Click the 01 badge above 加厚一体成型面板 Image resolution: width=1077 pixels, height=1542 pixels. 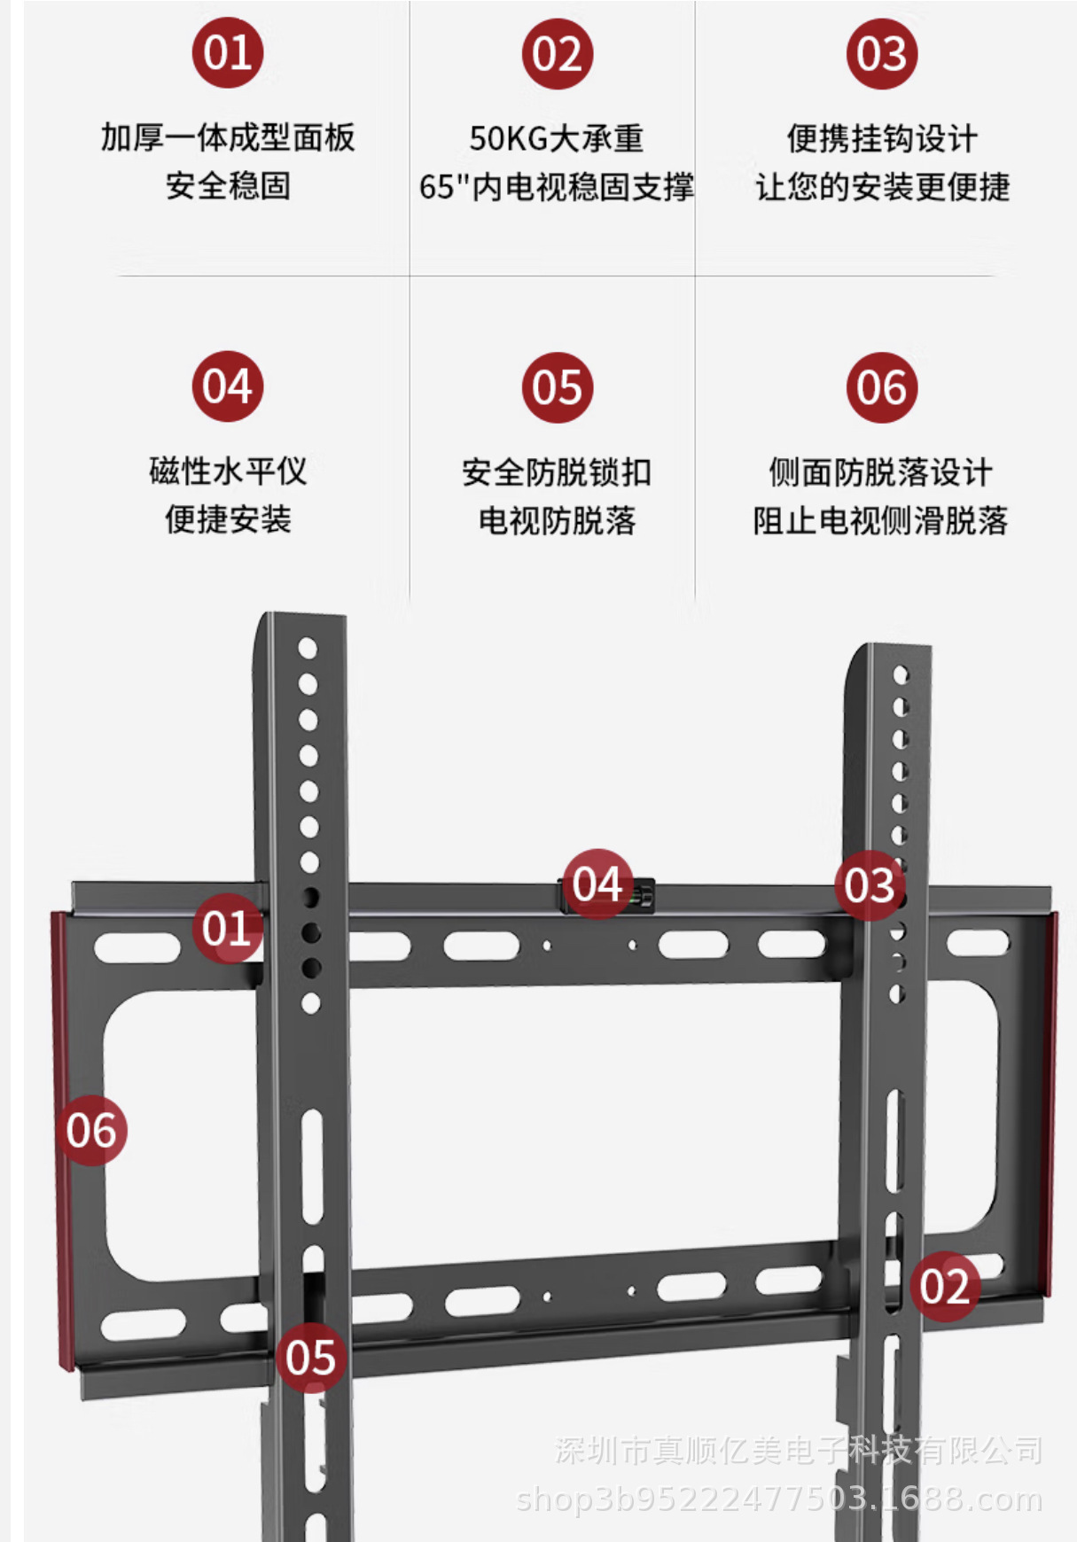tap(228, 52)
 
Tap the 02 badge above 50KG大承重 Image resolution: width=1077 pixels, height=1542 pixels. tap(557, 54)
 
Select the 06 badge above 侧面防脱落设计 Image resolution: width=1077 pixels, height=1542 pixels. tap(881, 387)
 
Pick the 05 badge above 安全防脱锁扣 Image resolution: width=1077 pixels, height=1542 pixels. tap(557, 387)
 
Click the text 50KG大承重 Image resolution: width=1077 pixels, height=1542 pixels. tap(557, 138)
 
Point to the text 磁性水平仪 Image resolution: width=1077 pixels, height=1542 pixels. tap(228, 471)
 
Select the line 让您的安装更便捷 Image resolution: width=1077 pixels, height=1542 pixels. tap(882, 187)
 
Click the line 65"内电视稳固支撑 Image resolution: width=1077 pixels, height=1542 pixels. tap(557, 187)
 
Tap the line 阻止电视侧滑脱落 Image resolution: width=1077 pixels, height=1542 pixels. tap(880, 520)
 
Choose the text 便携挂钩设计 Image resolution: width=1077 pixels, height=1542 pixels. tap(882, 138)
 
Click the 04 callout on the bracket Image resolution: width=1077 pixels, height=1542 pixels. tap(597, 884)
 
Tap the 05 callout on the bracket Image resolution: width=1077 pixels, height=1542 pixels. tap(310, 1357)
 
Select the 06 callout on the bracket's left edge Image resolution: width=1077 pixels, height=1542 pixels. tap(91, 1131)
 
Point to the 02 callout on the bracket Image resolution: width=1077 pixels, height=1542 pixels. tap(944, 1286)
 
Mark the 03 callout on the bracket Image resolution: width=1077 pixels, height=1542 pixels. tap(870, 884)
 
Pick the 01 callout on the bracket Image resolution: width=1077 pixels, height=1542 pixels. tap(227, 928)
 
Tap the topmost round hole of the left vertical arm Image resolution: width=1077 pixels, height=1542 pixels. tap(308, 649)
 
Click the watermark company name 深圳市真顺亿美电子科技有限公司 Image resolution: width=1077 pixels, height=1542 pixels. tap(798, 1451)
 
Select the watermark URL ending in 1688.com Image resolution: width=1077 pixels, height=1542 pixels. tap(779, 1499)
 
